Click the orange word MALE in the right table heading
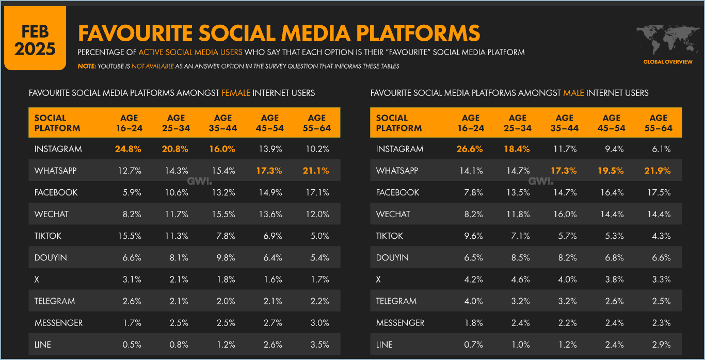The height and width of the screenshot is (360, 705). [573, 93]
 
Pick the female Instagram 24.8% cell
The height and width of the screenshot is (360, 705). [129, 149]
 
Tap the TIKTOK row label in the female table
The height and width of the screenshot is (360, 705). [48, 236]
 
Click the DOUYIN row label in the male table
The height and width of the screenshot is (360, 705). [392, 257]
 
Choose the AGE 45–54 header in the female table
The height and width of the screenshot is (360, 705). [269, 123]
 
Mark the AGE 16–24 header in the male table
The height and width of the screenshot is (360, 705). [470, 123]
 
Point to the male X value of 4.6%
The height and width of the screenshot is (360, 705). [517, 280]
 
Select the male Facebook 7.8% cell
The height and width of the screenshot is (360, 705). [473, 192]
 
